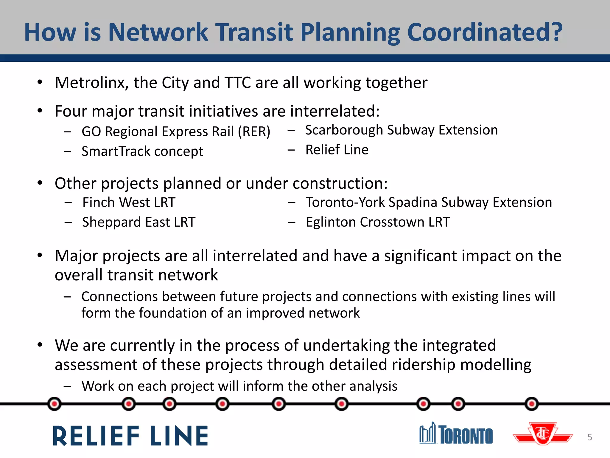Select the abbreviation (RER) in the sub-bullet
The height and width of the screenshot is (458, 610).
coord(254,131)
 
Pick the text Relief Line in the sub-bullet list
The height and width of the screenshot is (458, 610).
coord(337,150)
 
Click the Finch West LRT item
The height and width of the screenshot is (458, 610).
coord(129,202)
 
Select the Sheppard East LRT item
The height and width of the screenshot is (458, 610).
coord(139,222)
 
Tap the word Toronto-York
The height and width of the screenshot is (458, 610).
coord(345,202)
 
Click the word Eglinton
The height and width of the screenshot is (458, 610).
coord(331,222)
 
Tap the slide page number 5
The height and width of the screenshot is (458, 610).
coord(589,437)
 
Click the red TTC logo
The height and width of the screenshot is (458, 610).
coord(543,434)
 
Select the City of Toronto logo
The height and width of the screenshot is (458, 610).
coord(456,434)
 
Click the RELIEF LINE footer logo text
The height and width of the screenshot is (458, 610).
coord(130,436)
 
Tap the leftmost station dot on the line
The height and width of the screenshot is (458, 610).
coord(54,404)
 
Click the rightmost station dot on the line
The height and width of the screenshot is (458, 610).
coord(531,404)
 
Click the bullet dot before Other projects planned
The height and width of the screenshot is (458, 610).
coord(40,183)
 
